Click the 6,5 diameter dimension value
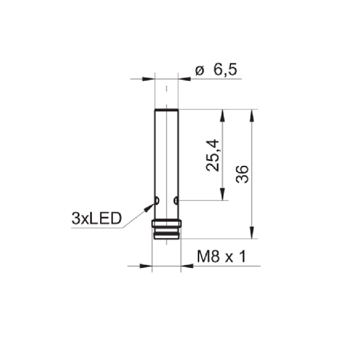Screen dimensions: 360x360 point(225,69)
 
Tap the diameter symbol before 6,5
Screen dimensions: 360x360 point(199,70)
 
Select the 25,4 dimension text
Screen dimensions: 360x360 point(213,155)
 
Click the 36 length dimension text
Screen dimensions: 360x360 point(242,174)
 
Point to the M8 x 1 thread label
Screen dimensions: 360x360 point(222,257)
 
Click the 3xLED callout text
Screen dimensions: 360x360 point(96,219)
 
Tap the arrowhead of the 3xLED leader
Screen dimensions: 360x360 point(149,207)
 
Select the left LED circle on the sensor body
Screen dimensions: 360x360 point(157,200)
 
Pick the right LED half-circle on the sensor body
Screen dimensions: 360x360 point(176,200)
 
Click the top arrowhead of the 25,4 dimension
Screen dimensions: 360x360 point(222,115)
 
